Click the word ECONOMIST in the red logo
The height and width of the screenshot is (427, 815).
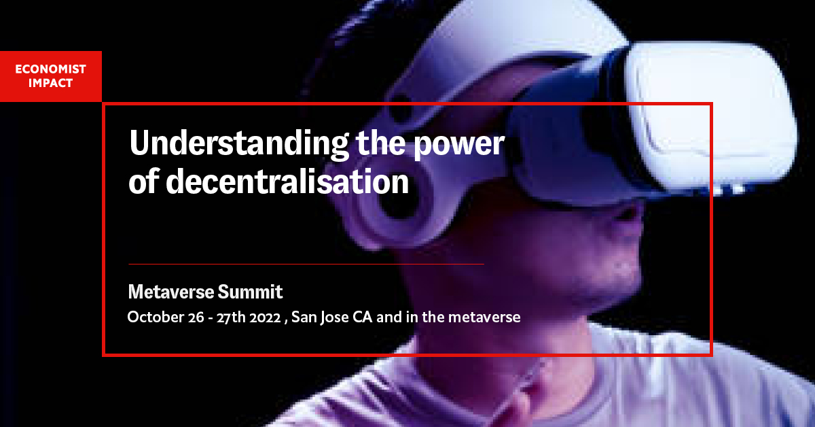(51, 69)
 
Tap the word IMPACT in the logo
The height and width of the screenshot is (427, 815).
(51, 83)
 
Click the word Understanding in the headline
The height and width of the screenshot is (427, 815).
(236, 145)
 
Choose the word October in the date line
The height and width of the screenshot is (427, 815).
(151, 318)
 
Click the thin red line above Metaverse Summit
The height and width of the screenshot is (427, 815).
(306, 263)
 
